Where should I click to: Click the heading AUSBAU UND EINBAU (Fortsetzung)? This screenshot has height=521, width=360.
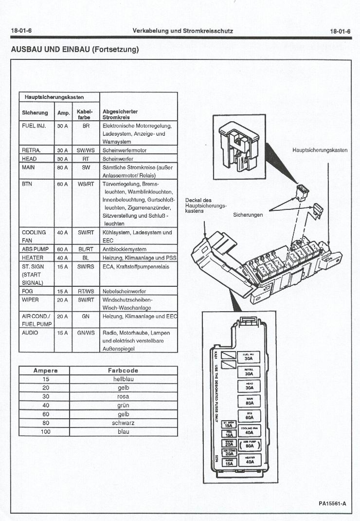pos(75,50)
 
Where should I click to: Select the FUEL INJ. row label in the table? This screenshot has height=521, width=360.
pos(34,125)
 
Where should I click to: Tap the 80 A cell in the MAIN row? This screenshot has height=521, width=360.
pos(62,167)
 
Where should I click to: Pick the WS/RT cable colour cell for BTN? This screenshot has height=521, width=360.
pos(86,184)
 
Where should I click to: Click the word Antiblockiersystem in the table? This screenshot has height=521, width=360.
pos(125,249)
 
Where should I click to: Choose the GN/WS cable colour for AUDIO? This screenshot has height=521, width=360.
pos(86,333)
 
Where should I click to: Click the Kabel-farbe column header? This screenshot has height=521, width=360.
pos(85,114)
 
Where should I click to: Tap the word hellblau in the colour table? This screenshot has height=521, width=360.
pos(123,379)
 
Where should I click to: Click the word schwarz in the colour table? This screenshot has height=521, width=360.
pos(123,423)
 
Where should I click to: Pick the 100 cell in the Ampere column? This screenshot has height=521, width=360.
pos(46,431)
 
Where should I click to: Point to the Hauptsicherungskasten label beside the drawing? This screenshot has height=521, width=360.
pos(320,150)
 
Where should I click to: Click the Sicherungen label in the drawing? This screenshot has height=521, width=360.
pos(248,214)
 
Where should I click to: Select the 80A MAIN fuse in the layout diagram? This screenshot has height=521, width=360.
pos(249,401)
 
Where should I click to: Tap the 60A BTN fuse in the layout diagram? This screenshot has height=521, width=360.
pos(249,416)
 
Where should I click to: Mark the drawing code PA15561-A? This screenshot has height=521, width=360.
pos(332,503)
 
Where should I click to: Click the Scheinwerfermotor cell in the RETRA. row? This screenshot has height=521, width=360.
pos(125,150)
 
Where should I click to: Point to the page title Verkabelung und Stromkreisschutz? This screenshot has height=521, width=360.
pos(182,31)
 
